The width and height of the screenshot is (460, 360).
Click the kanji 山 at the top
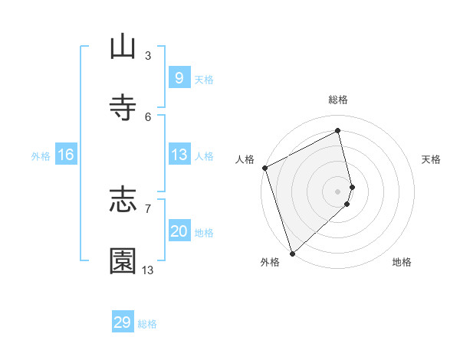click(x=123, y=47)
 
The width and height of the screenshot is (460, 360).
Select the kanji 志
click(x=123, y=200)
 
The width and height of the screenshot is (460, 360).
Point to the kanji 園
click(x=123, y=260)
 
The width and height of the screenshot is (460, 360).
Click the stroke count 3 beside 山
click(x=148, y=55)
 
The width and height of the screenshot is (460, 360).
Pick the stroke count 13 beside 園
click(x=148, y=270)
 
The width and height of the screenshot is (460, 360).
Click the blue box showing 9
click(x=179, y=77)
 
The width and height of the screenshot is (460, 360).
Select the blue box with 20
click(x=179, y=231)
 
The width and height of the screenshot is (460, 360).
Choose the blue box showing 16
click(x=66, y=155)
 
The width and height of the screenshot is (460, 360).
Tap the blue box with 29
click(x=123, y=322)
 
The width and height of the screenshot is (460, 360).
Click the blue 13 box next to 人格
click(x=179, y=155)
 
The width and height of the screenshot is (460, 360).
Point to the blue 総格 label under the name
click(x=147, y=324)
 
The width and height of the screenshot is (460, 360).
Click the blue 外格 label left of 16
click(x=41, y=156)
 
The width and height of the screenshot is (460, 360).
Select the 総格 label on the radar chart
click(x=338, y=100)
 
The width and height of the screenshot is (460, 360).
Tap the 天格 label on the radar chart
click(x=432, y=159)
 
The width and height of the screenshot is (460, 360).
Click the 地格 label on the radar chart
click(x=402, y=262)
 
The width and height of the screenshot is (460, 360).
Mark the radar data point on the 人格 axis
click(x=264, y=168)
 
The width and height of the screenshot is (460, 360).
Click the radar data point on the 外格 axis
click(x=292, y=253)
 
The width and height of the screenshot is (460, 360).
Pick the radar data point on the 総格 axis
click(x=338, y=130)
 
